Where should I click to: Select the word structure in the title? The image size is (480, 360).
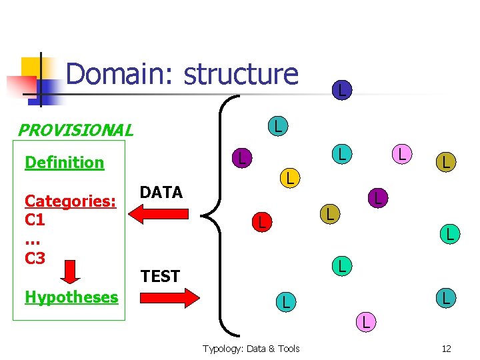tap(241, 74)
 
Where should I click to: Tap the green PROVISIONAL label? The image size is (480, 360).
tap(75, 130)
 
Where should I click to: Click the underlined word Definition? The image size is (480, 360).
tap(64, 162)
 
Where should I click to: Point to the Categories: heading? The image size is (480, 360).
tap(70, 201)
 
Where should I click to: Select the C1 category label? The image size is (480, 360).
tap(35, 219)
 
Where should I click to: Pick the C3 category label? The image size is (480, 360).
tap(35, 257)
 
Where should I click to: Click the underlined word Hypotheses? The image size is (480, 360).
tap(71, 297)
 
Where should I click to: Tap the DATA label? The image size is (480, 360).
tap(161, 193)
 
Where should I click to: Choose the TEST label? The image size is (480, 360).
tap(160, 276)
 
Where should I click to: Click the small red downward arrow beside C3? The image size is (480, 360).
tap(69, 270)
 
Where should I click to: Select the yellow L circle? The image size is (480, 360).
tap(288, 177)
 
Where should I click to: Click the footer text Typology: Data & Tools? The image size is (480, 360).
tap(251, 348)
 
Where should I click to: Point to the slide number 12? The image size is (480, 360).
tap(446, 348)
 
